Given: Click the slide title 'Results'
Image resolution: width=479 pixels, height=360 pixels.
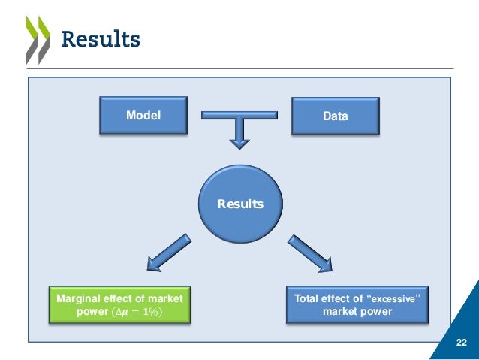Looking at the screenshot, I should [x=100, y=38].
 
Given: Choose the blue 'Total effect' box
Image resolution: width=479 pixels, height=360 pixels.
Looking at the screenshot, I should [x=357, y=304].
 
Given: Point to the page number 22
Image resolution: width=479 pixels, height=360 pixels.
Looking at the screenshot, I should [x=462, y=343].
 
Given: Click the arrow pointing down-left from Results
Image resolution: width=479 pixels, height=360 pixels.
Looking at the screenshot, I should [x=170, y=252].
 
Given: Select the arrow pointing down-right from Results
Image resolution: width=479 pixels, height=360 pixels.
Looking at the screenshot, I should [x=311, y=252].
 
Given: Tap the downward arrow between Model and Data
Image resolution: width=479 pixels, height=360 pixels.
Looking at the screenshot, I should [x=239, y=134].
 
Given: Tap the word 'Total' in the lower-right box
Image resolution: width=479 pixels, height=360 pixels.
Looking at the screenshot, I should [x=308, y=298].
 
